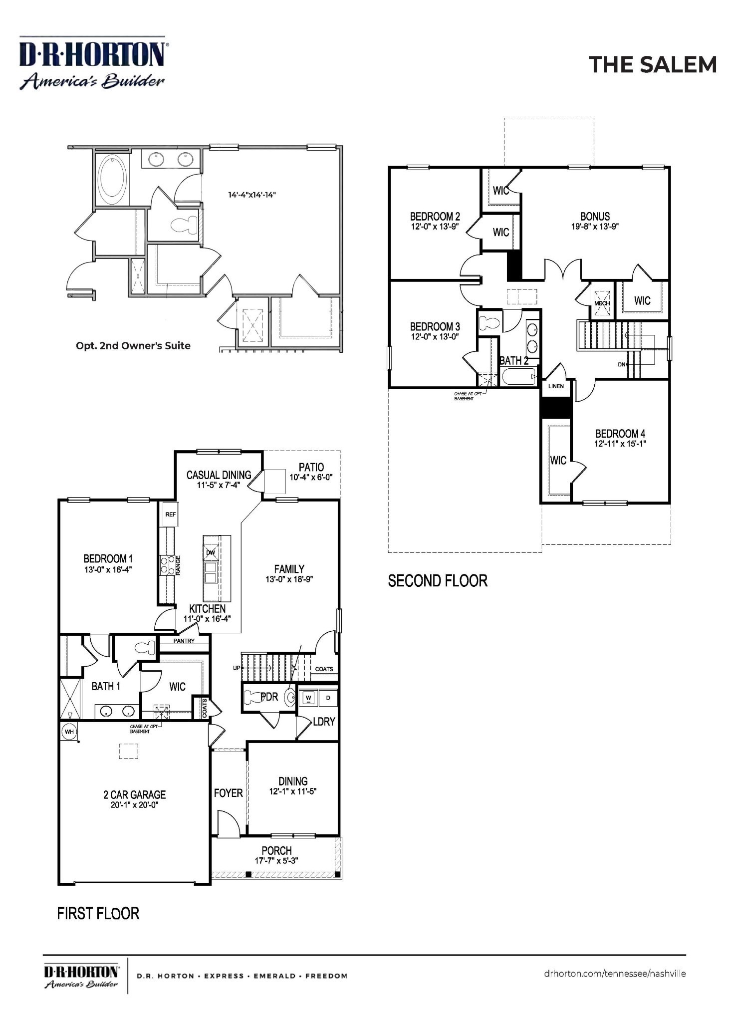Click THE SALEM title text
tap(652, 65)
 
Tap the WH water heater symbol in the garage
tap(69, 732)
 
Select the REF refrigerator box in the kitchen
tap(170, 514)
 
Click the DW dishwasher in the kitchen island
tap(211, 552)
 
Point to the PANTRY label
tap(184, 641)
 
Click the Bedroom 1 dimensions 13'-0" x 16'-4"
tap(108, 569)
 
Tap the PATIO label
tap(311, 467)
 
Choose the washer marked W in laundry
tap(308, 698)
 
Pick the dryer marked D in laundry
tap(328, 698)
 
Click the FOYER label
tap(228, 793)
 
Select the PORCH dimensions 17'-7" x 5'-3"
tap(276, 861)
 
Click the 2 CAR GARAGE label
tap(134, 794)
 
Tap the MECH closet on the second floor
tap(602, 303)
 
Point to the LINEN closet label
tap(556, 386)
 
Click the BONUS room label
tap(595, 216)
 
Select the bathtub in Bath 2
tap(519, 377)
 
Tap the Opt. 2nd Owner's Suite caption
tap(133, 345)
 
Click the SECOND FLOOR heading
tap(438, 581)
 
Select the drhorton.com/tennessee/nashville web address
tap(615, 974)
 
